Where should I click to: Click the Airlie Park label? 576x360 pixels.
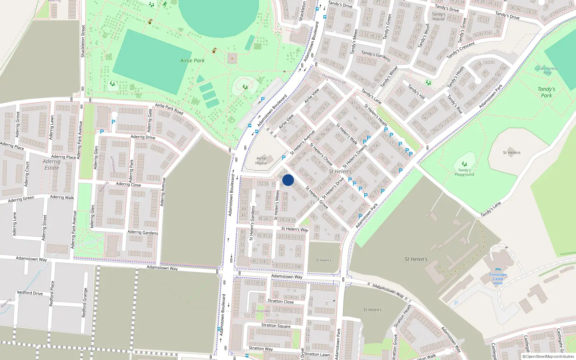pyautogui.click(x=192, y=60)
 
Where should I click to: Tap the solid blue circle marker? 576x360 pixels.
pyautogui.click(x=288, y=180)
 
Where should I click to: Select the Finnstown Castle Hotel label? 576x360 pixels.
pyautogui.click(x=498, y=279)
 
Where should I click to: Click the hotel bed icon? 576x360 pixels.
pyautogui.click(x=498, y=269)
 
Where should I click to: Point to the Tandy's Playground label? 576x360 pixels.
pyautogui.click(x=464, y=172)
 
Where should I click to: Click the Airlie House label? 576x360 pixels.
pyautogui.click(x=261, y=161)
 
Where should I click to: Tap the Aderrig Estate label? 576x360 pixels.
pyautogui.click(x=51, y=165)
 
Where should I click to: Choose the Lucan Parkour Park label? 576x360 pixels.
pyautogui.click(x=547, y=70)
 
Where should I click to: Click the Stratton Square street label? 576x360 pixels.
pyautogui.click(x=276, y=325)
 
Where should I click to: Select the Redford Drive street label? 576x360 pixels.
pyautogui.click(x=30, y=293)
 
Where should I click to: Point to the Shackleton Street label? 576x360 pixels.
pyautogui.click(x=83, y=41)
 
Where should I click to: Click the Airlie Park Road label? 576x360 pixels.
pyautogui.click(x=169, y=109)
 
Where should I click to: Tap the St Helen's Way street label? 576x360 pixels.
pyautogui.click(x=294, y=229)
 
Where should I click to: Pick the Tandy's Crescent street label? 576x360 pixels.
pyautogui.click(x=461, y=50)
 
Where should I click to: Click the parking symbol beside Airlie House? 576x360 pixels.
pyautogui.click(x=284, y=158)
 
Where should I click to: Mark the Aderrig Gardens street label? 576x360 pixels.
pyautogui.click(x=143, y=233)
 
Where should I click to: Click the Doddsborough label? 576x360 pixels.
pyautogui.click(x=334, y=79)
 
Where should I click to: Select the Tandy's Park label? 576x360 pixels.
pyautogui.click(x=546, y=92)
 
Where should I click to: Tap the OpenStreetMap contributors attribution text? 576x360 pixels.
pyautogui.click(x=548, y=356)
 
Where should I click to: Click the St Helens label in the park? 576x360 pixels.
pyautogui.click(x=512, y=153)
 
